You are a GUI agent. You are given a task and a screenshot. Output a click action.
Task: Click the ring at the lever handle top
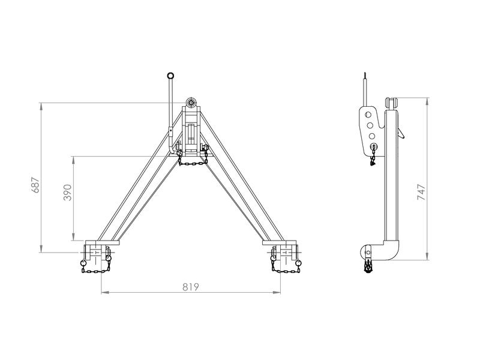click(x=170, y=76)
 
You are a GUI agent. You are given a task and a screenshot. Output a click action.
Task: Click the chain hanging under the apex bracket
click(x=193, y=162)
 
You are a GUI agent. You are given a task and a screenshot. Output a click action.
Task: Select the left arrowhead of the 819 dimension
click(x=103, y=293)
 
